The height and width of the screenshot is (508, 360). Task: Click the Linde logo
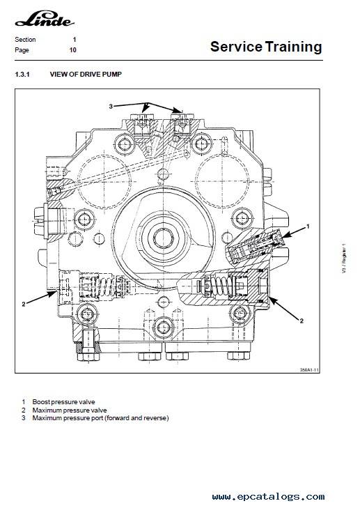[x=45, y=19]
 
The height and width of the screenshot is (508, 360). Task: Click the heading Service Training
[x=266, y=47]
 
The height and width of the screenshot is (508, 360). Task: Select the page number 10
[x=73, y=50]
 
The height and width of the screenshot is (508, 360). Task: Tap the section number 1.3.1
[x=22, y=74]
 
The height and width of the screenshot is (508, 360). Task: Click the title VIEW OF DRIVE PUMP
[x=86, y=74]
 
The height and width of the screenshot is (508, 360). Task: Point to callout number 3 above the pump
[x=111, y=106]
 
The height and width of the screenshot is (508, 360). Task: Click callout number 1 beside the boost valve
[x=308, y=226]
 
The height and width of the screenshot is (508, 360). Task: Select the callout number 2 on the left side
[x=23, y=305]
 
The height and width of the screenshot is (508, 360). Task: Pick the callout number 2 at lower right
[x=302, y=321]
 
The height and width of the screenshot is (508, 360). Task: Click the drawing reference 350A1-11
[x=309, y=369]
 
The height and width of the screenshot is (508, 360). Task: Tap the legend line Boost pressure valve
[x=63, y=402]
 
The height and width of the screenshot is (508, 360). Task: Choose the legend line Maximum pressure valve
[x=70, y=410]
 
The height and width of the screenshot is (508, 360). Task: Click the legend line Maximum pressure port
[x=100, y=418]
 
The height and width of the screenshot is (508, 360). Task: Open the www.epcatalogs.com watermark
[x=268, y=496]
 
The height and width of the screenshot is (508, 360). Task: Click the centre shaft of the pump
[x=164, y=238]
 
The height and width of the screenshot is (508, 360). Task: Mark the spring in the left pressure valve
[x=106, y=286]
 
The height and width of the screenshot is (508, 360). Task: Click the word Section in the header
[x=25, y=40]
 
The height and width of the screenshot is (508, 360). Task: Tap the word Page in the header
[x=22, y=50]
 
